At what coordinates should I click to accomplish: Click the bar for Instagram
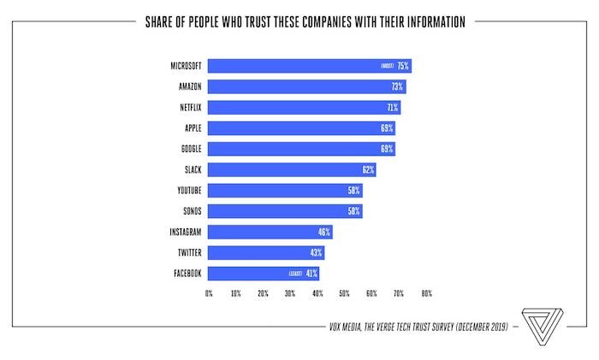click(x=270, y=232)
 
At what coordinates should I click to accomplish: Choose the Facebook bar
click(x=248, y=274)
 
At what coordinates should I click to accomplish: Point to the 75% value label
click(x=403, y=66)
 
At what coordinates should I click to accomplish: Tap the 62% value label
click(x=368, y=169)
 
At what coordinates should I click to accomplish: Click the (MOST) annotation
click(x=386, y=66)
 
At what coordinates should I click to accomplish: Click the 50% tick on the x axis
click(x=344, y=293)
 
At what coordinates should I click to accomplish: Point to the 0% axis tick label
click(x=209, y=293)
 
